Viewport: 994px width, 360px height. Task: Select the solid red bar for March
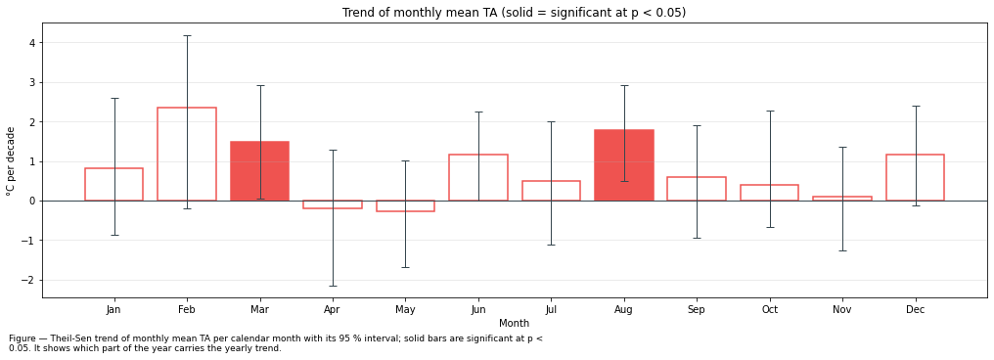point(259,171)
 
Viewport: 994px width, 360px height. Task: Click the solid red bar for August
point(624,165)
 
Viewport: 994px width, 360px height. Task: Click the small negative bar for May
point(405,206)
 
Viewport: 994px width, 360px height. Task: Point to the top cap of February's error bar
point(186,35)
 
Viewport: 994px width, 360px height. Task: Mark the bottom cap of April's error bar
point(333,286)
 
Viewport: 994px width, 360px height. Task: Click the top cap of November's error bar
point(842,147)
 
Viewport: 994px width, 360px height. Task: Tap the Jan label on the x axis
point(113,310)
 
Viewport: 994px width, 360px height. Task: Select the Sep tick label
point(697,310)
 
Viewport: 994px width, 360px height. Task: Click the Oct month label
point(770,310)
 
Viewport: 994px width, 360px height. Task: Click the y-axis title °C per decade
point(11,161)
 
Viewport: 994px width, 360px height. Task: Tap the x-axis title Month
point(514,323)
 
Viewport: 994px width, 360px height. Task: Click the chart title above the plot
point(514,13)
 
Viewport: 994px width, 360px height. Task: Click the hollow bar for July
point(551,191)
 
